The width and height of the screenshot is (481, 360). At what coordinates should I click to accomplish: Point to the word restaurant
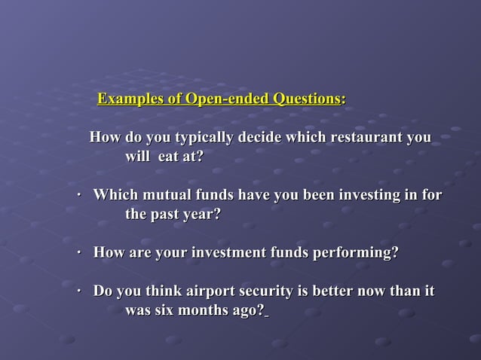(366, 139)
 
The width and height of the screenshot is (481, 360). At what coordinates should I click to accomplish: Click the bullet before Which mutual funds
(79, 196)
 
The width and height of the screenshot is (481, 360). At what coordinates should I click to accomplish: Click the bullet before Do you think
(79, 291)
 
